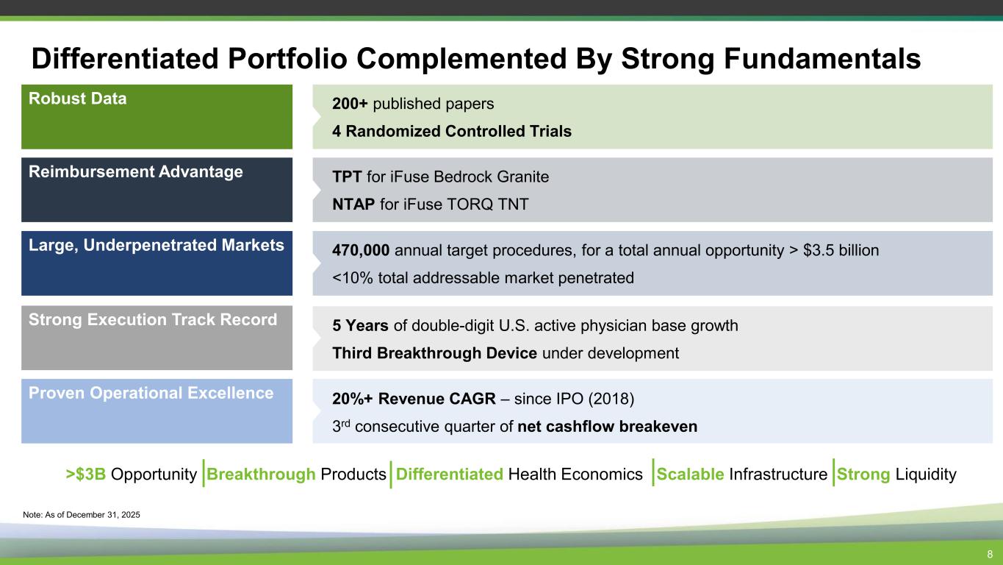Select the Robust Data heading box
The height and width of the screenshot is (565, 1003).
point(157,116)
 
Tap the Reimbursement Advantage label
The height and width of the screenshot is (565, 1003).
point(136,171)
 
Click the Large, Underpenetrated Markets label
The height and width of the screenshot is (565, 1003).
point(157,245)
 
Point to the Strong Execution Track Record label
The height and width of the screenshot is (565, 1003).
point(153,319)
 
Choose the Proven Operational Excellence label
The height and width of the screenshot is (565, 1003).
point(151,393)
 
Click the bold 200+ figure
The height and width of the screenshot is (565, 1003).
point(350,104)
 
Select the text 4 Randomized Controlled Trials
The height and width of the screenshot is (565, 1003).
point(452,131)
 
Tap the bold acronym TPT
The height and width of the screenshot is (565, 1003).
point(347,177)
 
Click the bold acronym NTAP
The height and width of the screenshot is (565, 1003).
point(353,205)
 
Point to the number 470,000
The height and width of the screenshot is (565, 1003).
point(361,250)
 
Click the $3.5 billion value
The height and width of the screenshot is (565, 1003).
point(841,250)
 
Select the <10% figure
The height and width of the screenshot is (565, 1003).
point(353,278)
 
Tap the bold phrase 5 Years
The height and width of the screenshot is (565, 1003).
point(360,326)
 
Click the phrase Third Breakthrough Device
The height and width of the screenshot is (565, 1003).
point(434,353)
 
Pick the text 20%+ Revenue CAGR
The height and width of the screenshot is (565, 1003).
point(414,399)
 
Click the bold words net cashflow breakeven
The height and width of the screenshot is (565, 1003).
point(607,427)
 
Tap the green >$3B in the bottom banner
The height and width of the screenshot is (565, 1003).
point(85,474)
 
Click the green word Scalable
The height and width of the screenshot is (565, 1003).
point(690,474)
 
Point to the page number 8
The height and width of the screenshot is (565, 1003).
point(990,554)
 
